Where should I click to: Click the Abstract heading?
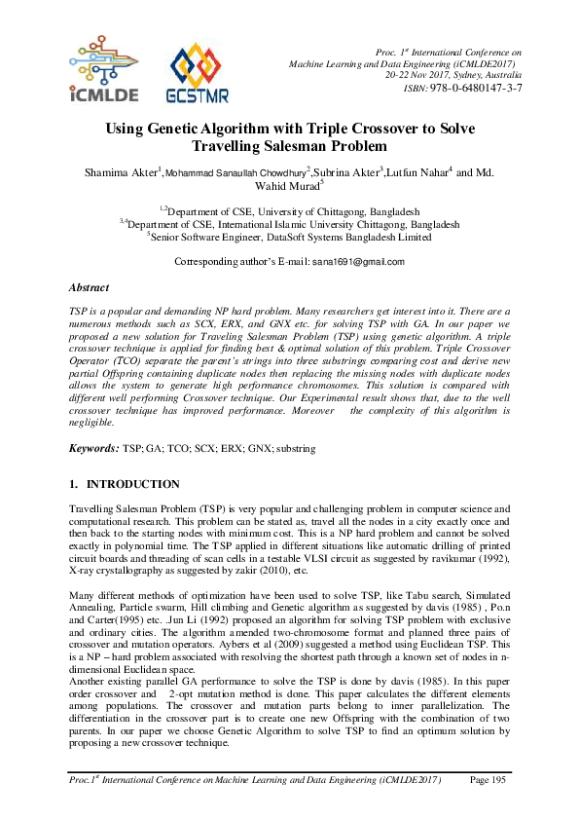[89, 288]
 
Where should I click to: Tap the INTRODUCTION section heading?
[132, 484]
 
